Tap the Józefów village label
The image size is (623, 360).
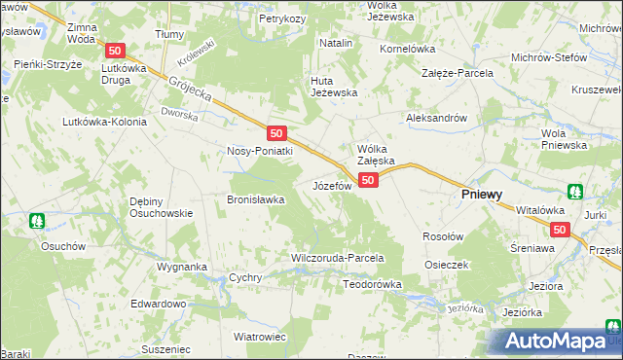(331, 185)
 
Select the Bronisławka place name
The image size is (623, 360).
(255, 199)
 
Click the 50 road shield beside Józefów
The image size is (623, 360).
(368, 181)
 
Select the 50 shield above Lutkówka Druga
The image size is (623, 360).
(116, 51)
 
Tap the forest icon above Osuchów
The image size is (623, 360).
(38, 221)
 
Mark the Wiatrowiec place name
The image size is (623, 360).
(259, 336)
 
